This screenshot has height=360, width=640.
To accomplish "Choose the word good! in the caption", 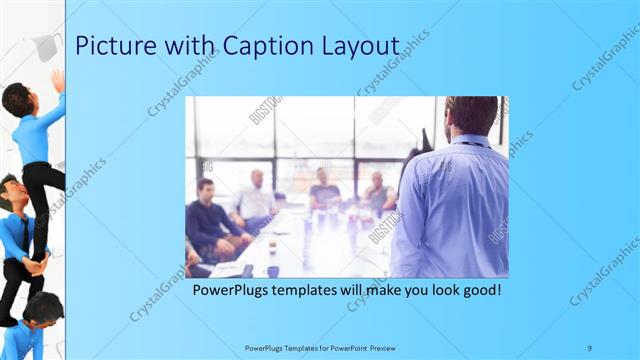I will click(477, 291).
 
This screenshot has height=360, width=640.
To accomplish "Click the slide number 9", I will click(588, 347).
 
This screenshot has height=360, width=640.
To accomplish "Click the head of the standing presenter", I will click(471, 116).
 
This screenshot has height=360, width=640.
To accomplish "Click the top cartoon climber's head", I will click(17, 99).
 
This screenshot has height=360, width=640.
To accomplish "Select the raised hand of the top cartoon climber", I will click(58, 79).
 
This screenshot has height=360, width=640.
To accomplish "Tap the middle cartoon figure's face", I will click(13, 193).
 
